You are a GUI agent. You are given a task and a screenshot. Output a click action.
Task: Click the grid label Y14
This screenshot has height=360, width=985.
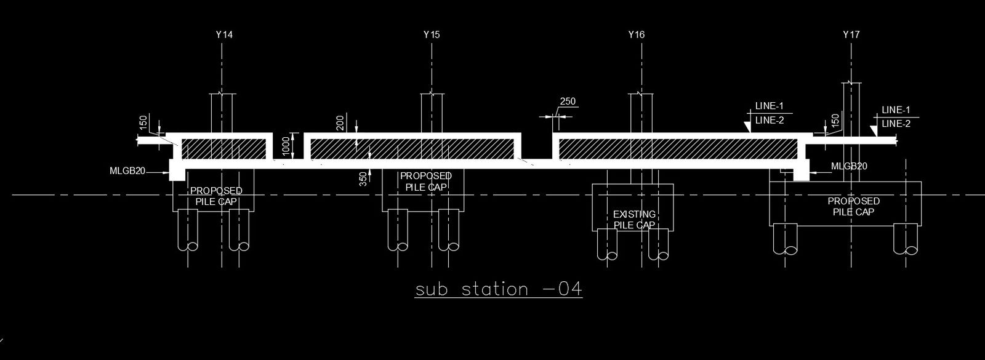(x=225, y=35)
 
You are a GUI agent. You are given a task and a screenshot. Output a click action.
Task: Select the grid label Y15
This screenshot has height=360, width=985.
(x=432, y=35)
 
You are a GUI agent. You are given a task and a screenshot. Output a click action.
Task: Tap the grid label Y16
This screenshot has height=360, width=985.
(x=637, y=35)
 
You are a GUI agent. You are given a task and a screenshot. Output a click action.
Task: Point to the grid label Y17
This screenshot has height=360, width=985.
(x=851, y=35)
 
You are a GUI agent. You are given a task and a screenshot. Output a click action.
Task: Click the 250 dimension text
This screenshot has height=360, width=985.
(x=568, y=102)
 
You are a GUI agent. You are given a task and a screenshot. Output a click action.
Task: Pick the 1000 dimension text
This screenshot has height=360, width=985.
(x=286, y=146)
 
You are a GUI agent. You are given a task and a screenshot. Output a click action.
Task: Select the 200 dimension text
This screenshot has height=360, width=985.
(x=340, y=123)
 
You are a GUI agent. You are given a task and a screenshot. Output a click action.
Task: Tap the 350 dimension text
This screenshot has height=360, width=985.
(x=363, y=178)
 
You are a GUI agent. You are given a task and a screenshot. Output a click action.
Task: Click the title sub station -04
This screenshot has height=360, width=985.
(x=499, y=289)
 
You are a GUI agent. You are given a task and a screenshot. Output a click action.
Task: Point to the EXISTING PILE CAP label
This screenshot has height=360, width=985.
(x=635, y=220)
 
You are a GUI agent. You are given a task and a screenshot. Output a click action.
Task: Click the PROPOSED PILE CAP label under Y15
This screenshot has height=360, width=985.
(x=426, y=181)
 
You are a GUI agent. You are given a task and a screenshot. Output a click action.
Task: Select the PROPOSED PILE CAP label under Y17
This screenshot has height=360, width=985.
(x=853, y=206)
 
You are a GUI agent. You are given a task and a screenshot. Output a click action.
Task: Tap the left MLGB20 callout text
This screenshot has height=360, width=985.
(x=127, y=171)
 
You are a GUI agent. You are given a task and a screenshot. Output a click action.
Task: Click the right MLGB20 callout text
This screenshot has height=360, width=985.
(x=849, y=167)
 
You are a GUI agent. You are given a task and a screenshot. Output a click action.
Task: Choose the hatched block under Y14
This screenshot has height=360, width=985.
(x=224, y=148)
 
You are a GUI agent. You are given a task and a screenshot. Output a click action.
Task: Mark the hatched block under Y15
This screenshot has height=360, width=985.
(x=411, y=148)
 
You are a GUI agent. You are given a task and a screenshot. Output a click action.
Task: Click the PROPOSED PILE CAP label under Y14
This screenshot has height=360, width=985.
(x=216, y=196)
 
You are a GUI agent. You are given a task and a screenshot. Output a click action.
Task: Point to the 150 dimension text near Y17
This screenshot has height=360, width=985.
(x=835, y=121)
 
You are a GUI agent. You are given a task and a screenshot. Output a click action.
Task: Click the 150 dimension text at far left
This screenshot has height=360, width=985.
(x=143, y=122)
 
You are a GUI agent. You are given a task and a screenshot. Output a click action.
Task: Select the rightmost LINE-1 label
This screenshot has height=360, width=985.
(x=896, y=110)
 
